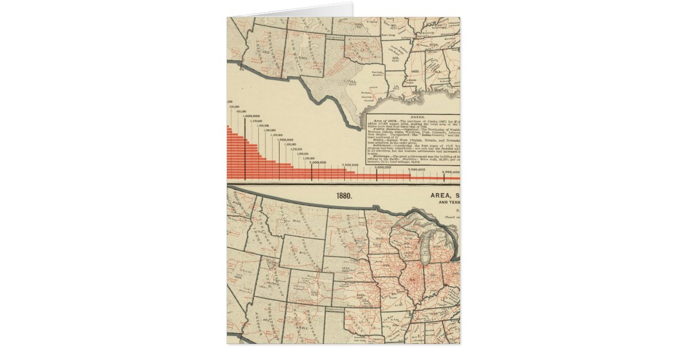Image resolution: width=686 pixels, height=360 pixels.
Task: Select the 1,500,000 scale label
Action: pos(285,139)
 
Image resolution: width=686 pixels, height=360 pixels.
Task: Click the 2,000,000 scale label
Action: pos(318,162)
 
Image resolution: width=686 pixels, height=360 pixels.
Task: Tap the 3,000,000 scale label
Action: pos(383,167)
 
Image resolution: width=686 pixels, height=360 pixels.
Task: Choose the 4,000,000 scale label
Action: pos(450,171)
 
